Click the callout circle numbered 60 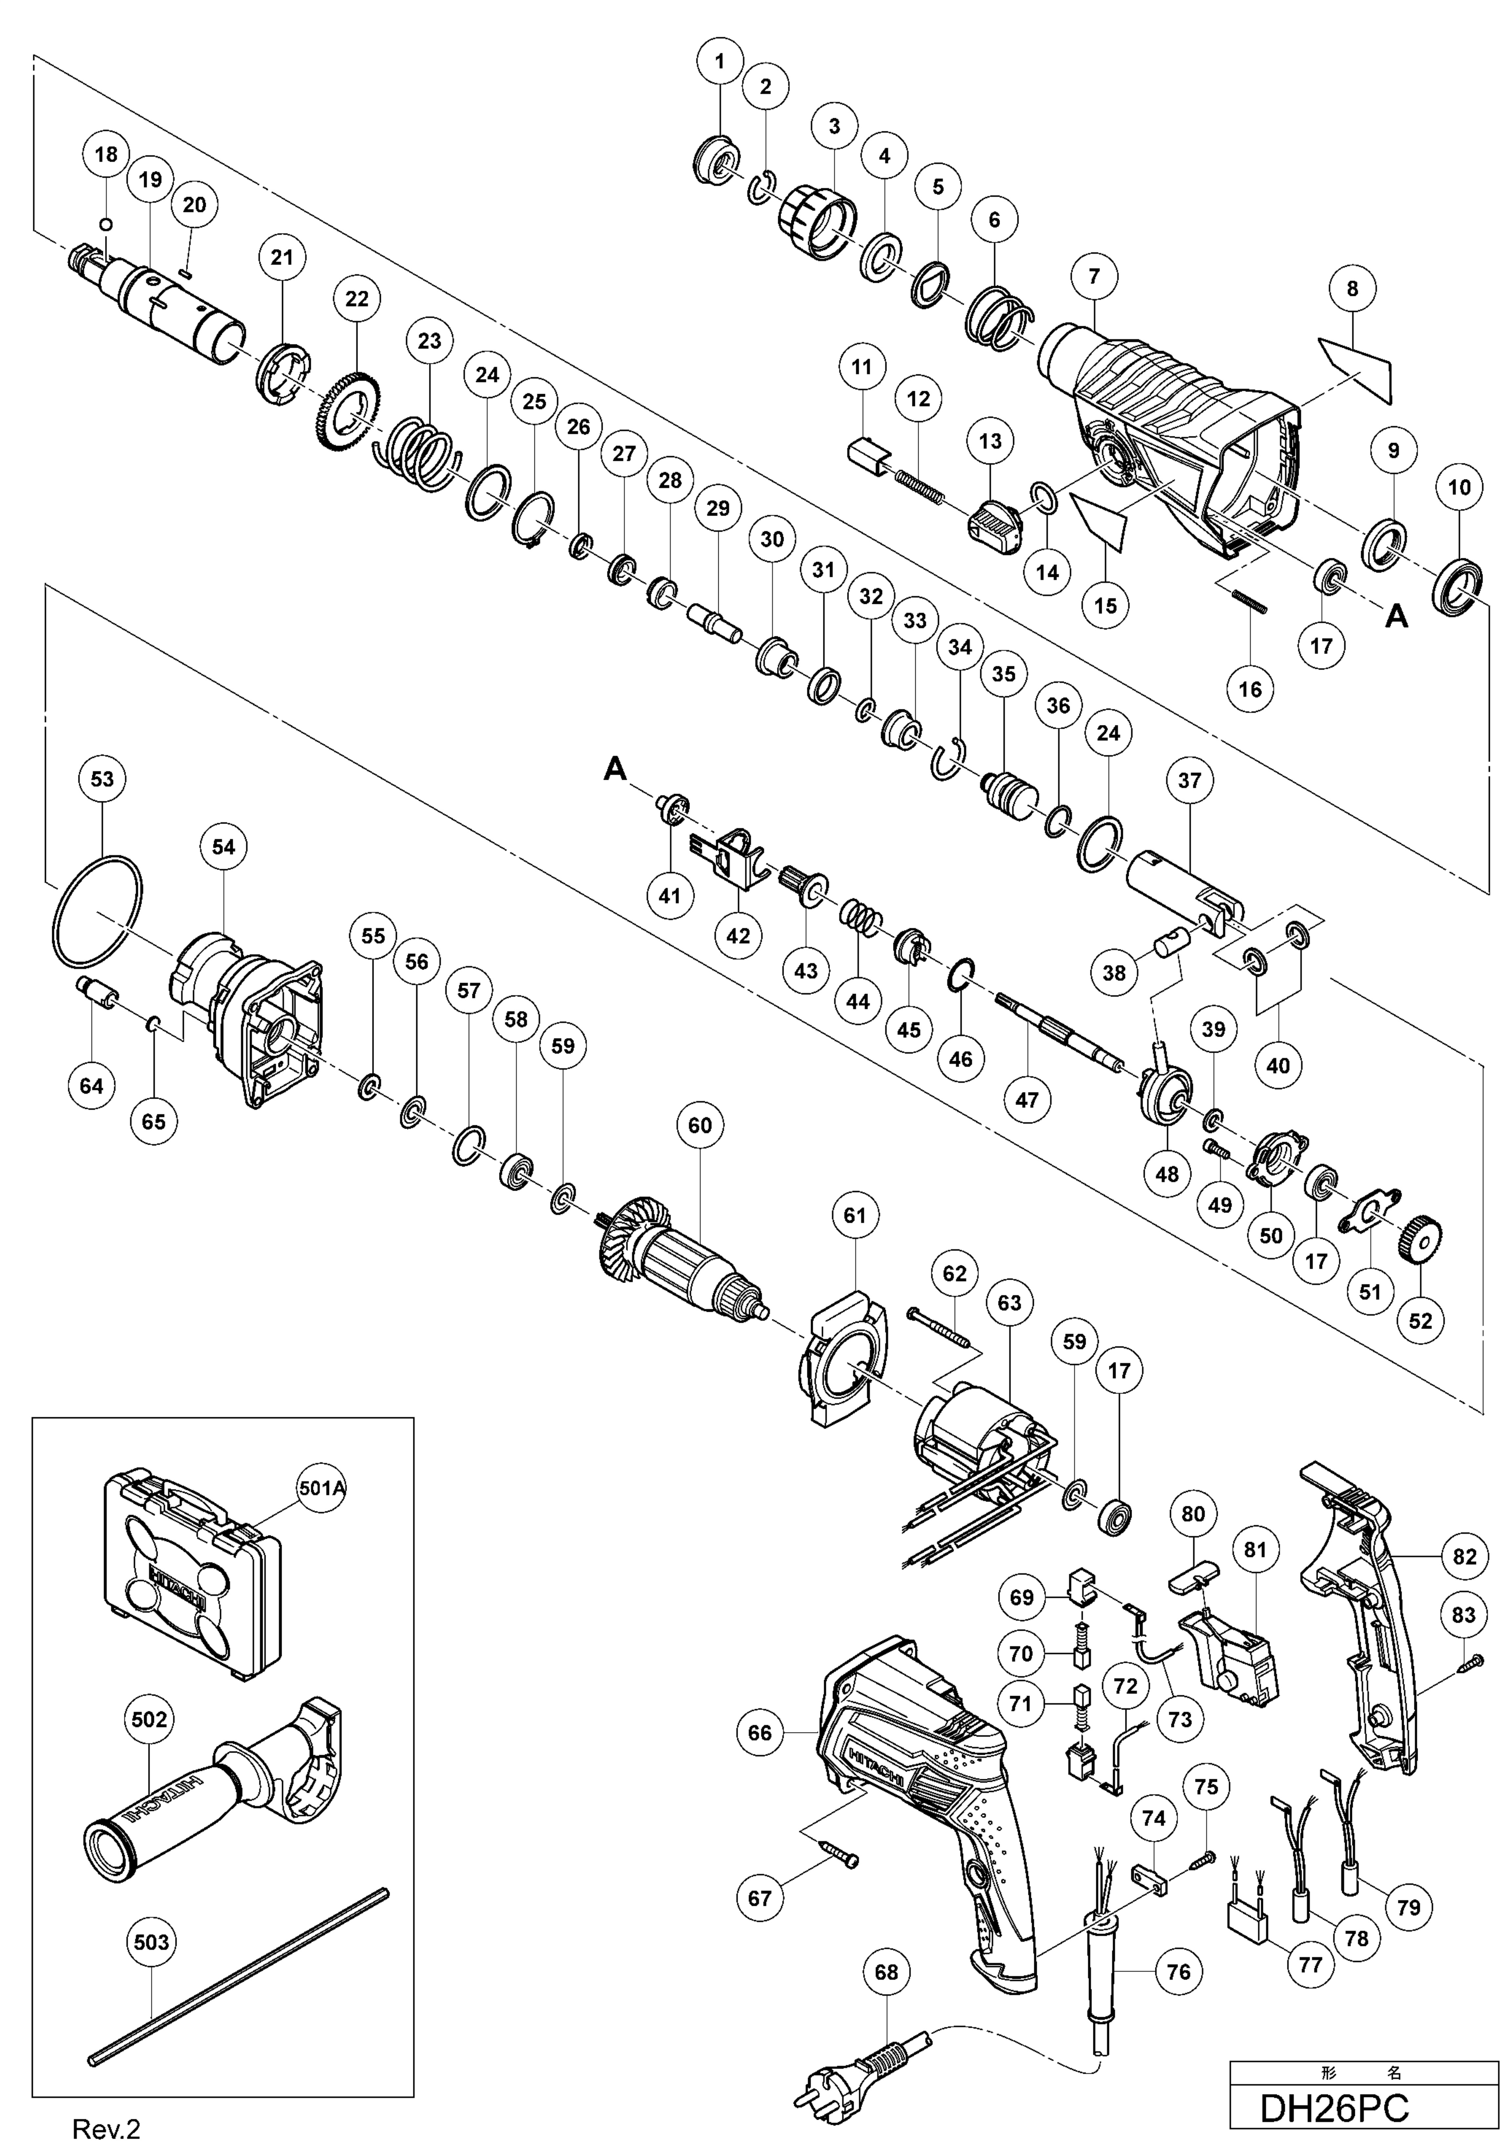tap(699, 1126)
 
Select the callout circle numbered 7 tap(1094, 276)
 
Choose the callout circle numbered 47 tap(1027, 1099)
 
